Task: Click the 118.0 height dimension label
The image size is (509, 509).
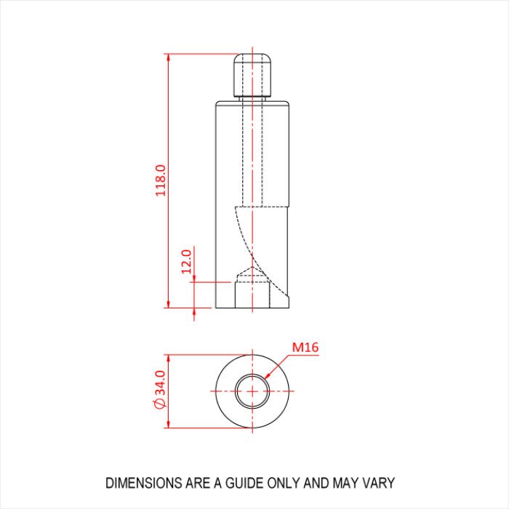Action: coord(161,180)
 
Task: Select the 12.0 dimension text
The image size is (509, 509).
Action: coord(186,262)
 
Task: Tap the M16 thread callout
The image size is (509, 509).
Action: coord(305,348)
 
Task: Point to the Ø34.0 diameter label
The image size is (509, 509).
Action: coord(160,390)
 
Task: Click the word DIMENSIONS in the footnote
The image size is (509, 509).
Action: coord(145,483)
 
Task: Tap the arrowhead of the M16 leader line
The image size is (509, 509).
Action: coord(267,376)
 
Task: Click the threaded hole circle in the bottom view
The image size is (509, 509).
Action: coord(252,374)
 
